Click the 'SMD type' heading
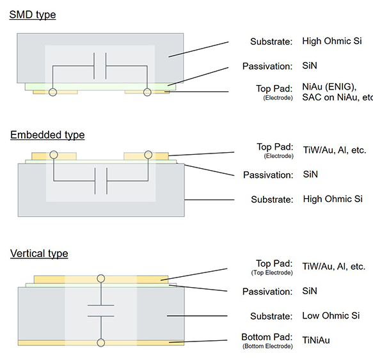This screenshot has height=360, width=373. [x=33, y=15]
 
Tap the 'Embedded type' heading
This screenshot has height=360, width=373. [x=47, y=135]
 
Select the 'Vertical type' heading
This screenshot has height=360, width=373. [x=39, y=253]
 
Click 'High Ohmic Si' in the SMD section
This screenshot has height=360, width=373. [x=332, y=41]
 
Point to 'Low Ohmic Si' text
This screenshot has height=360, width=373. [x=331, y=315]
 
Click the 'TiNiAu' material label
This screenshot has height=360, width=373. [x=316, y=340]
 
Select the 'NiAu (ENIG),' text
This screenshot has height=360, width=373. [x=329, y=87]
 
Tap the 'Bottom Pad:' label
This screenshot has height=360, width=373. [x=267, y=337]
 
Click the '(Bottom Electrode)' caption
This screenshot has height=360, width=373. [x=267, y=346]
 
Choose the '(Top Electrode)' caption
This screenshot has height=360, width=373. [x=272, y=272]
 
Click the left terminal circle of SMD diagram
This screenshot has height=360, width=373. [x=53, y=92]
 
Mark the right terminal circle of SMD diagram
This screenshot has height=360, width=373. [x=147, y=92]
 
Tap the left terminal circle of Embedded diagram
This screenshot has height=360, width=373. [x=54, y=155]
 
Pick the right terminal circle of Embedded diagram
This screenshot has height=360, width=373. [x=148, y=155]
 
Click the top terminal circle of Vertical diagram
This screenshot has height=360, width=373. [x=101, y=278]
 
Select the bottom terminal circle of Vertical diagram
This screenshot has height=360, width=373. [x=101, y=343]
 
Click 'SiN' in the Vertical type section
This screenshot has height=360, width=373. [x=310, y=291]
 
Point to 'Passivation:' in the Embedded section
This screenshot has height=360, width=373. [x=268, y=175]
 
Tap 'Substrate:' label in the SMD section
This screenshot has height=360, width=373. [x=271, y=42]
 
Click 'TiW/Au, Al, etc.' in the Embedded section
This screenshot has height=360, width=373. [x=335, y=150]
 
